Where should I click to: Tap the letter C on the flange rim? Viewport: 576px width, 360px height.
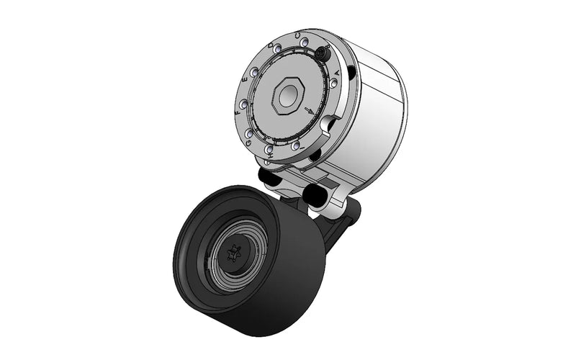298,35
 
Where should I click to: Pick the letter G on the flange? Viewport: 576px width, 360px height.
248,143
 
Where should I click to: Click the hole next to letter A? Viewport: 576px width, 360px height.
333,84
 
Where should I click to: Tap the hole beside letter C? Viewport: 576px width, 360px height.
305,42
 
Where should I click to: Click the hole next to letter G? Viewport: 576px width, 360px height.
249,134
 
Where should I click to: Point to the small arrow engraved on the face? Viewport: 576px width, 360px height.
310,111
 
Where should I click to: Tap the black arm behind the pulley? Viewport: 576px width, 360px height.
338,227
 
